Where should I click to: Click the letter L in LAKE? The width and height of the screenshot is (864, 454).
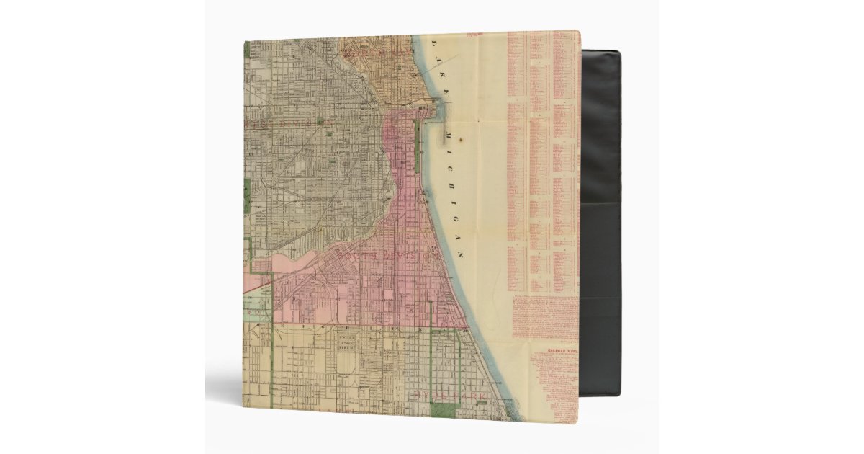(433, 44)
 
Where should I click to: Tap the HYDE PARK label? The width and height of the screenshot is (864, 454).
(449, 395)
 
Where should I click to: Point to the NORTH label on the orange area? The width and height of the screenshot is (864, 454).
(364, 52)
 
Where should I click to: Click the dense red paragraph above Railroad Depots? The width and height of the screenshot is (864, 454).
(545, 317)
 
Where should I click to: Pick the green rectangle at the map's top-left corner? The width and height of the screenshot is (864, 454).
(246, 50)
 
